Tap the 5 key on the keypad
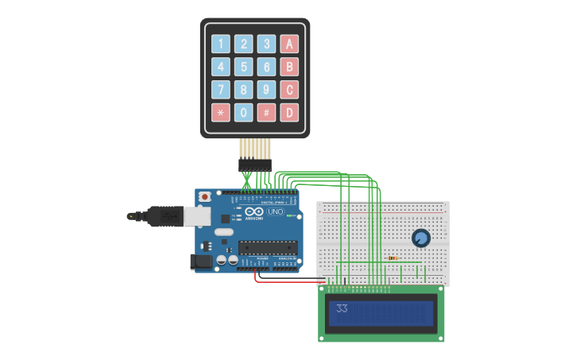click(244, 67)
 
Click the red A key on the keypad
click(290, 44)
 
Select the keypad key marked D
click(290, 113)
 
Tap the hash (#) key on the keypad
click(267, 113)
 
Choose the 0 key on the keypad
click(244, 113)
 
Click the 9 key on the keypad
click(267, 90)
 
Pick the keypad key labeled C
click(290, 90)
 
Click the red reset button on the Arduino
click(204, 195)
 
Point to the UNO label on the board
click(275, 212)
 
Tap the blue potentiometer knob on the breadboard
click(420, 238)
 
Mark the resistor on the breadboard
click(392, 258)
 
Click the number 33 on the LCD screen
click(342, 308)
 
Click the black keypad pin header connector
click(255, 165)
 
